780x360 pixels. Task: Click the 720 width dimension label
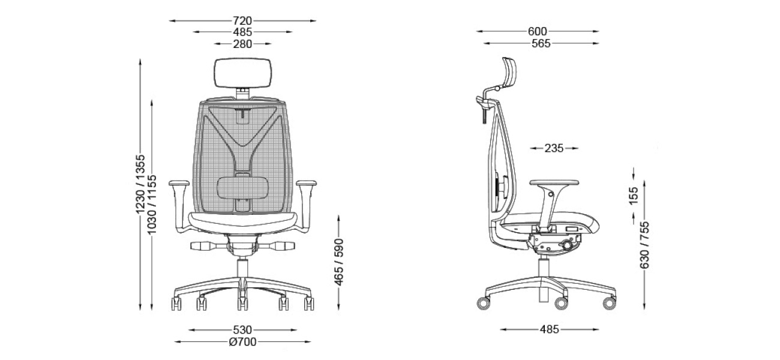[x=242, y=21]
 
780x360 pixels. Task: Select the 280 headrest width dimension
[x=242, y=44]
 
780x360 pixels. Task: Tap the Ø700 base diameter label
[x=243, y=342]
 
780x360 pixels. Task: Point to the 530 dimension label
[x=242, y=330]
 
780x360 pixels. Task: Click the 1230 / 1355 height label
[x=140, y=184]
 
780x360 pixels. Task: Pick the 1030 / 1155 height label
[x=151, y=205]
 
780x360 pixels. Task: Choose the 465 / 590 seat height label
[x=339, y=262]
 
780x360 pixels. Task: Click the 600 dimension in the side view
[x=537, y=31]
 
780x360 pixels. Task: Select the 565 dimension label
[x=541, y=44]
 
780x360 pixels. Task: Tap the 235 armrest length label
[x=554, y=148]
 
